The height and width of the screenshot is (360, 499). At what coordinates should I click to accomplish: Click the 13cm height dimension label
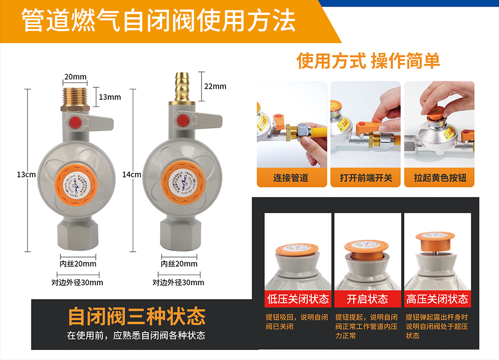(x=26, y=175)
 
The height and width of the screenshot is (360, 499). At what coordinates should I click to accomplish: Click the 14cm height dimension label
(x=132, y=175)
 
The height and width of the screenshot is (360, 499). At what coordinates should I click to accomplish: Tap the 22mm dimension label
(x=215, y=86)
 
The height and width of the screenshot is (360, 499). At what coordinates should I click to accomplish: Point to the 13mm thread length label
(x=110, y=97)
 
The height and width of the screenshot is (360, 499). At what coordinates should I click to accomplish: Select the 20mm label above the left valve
(x=75, y=77)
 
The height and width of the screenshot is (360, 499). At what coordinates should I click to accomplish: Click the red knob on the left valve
(x=76, y=121)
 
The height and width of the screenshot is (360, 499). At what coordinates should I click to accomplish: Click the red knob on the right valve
(x=183, y=120)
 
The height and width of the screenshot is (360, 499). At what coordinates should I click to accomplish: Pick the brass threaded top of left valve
(x=75, y=97)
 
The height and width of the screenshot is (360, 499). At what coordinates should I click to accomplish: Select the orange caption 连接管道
(x=291, y=178)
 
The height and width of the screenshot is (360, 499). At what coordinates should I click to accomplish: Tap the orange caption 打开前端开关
(x=366, y=178)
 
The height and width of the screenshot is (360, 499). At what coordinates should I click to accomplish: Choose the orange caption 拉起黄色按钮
(x=440, y=178)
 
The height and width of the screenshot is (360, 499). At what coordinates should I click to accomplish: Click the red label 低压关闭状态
(x=298, y=299)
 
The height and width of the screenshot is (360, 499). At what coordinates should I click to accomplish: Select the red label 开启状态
(x=367, y=299)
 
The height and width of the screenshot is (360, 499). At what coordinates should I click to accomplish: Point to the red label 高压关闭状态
(x=438, y=299)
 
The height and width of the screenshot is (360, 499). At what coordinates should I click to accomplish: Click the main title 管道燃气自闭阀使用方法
(x=159, y=21)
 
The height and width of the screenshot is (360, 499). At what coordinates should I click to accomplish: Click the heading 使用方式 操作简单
(x=368, y=61)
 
